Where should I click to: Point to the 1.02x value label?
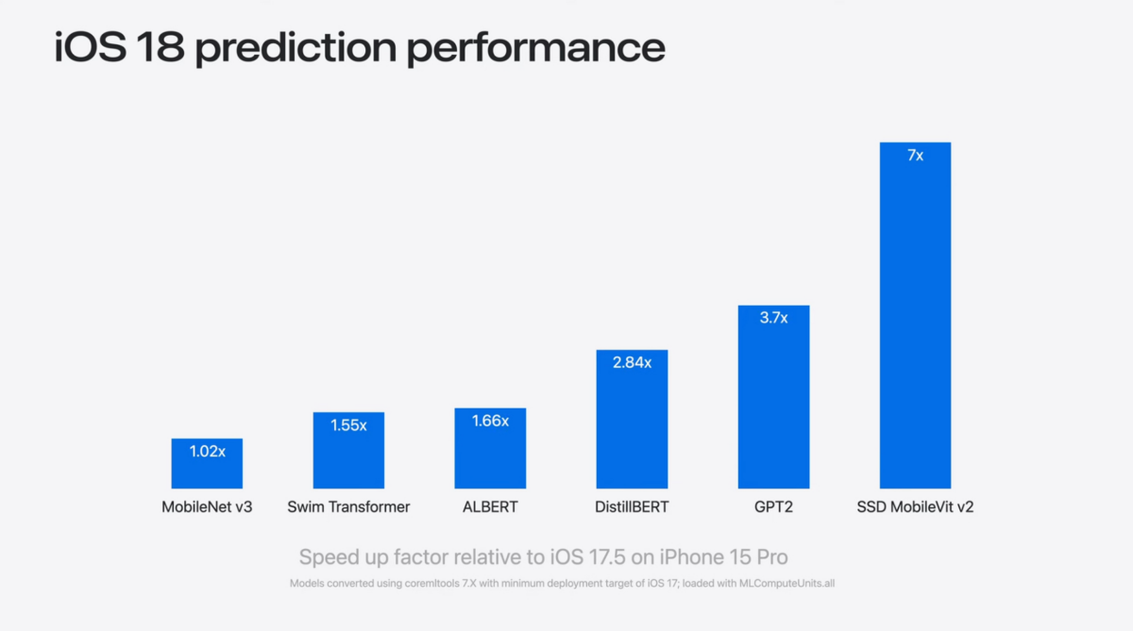207,452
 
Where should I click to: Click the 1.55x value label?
348,425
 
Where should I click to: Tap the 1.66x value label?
490,422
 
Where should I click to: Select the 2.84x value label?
632,362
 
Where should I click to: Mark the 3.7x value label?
773,318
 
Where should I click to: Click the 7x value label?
915,156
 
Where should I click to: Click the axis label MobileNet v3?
207,507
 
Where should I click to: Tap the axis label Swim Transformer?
348,507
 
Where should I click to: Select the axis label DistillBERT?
632,507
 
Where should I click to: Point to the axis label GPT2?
773,507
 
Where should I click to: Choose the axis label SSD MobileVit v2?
915,507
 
